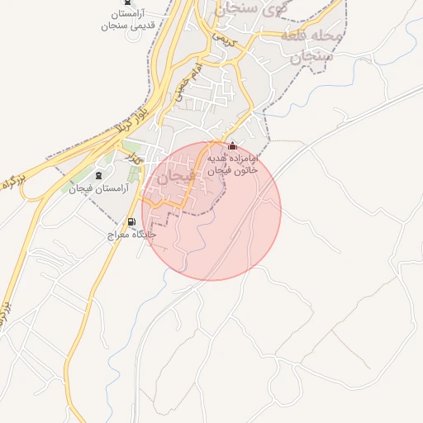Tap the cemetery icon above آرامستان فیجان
click(100, 175)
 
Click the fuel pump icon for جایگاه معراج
click(131, 222)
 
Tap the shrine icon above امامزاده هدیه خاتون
click(231, 146)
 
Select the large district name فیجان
click(175, 176)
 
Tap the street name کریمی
click(224, 38)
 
